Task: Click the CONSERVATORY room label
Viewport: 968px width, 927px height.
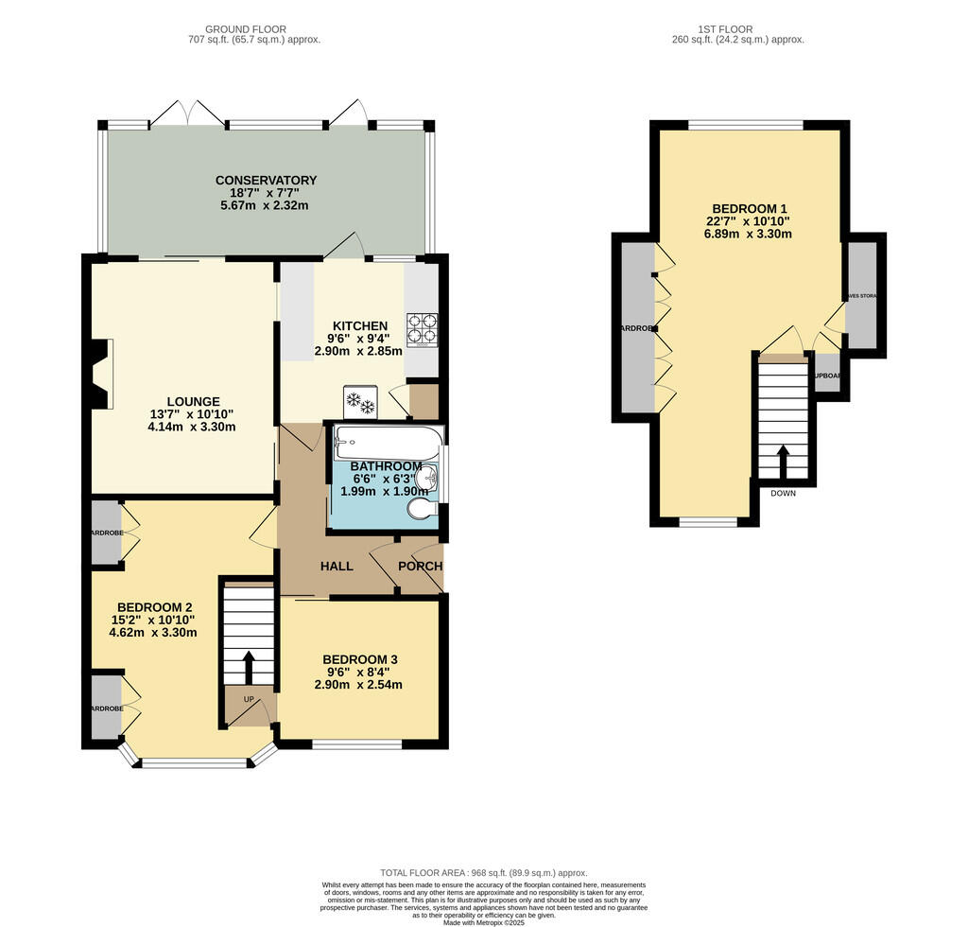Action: [266, 181]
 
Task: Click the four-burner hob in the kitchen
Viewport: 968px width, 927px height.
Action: [422, 328]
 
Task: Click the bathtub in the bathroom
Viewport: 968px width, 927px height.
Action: [387, 441]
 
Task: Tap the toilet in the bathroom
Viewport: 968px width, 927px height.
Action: [423, 510]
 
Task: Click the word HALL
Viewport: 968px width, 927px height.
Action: [337, 567]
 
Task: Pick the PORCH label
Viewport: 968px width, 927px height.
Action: [420, 567]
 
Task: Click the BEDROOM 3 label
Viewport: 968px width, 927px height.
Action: [360, 659]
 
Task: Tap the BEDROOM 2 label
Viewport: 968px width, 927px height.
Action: [155, 607]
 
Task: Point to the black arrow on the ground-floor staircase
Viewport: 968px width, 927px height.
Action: [249, 666]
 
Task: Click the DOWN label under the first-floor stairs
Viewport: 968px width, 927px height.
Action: [783, 494]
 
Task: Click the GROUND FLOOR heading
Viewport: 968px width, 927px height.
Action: [251, 29]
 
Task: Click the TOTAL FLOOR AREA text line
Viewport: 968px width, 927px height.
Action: [483, 873]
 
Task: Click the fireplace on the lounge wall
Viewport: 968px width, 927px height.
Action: [99, 375]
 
